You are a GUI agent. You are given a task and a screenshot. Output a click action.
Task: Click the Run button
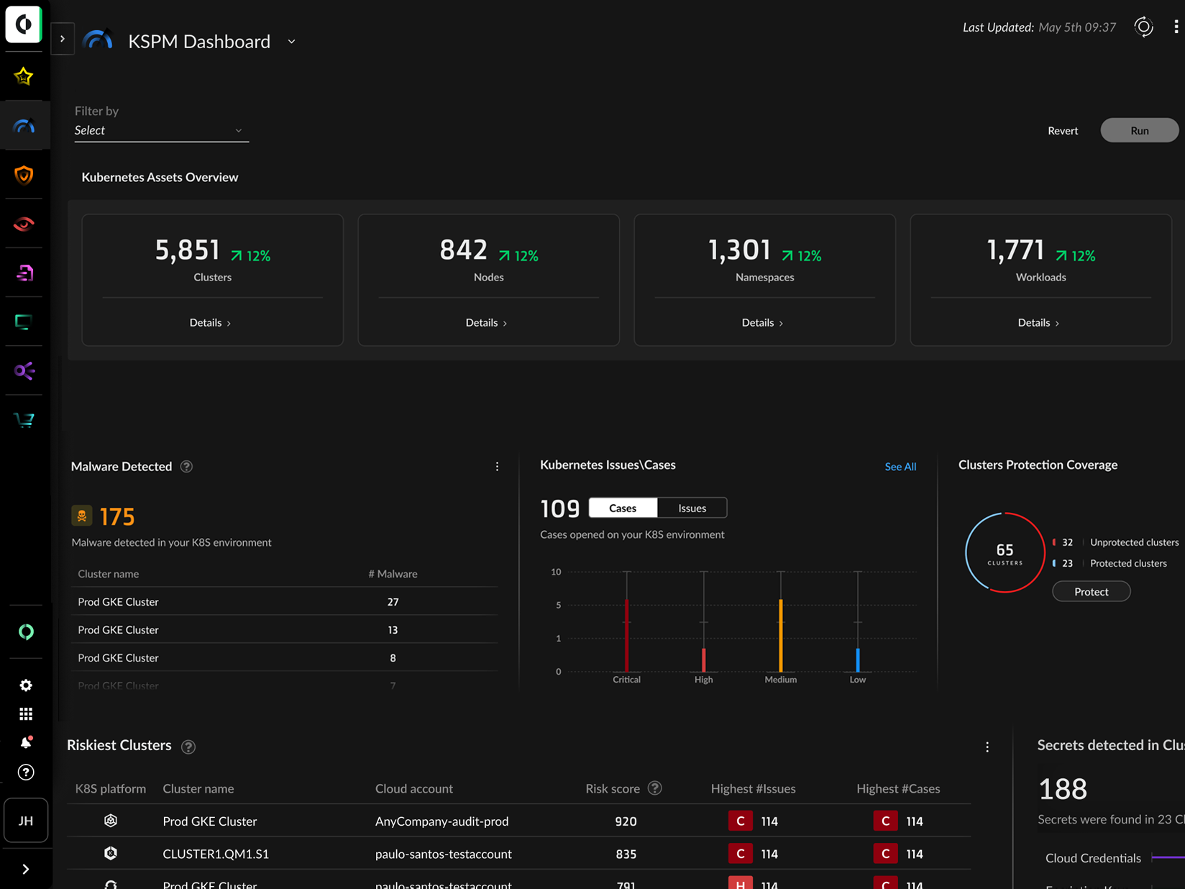point(1139,130)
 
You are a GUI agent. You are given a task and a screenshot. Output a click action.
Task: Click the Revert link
point(1062,130)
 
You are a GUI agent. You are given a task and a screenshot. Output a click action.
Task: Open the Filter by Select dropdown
point(161,130)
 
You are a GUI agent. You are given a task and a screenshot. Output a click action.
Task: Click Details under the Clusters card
point(210,323)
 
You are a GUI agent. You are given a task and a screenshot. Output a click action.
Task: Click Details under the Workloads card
point(1038,323)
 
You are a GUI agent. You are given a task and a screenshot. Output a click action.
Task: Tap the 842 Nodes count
point(464,250)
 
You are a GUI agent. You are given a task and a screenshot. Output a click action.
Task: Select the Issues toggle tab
point(692,508)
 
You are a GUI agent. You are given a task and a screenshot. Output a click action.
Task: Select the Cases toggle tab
point(623,508)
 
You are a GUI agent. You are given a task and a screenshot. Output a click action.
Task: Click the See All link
point(900,467)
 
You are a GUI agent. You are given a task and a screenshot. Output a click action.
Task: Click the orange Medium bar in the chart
point(781,637)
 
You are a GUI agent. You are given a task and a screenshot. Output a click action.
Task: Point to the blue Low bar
point(858,660)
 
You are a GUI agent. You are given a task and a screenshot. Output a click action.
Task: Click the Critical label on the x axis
point(626,680)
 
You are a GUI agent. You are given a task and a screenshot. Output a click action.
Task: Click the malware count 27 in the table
point(393,602)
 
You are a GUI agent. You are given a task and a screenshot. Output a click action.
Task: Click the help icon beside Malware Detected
point(186,467)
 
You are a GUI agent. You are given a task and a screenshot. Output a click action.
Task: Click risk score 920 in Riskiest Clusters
point(626,821)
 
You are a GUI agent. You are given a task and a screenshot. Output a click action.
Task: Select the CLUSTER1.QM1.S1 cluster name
point(216,854)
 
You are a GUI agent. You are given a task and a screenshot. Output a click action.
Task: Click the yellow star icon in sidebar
point(24,76)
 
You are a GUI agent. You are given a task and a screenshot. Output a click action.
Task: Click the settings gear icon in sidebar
point(26,685)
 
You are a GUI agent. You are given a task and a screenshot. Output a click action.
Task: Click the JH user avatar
point(26,821)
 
